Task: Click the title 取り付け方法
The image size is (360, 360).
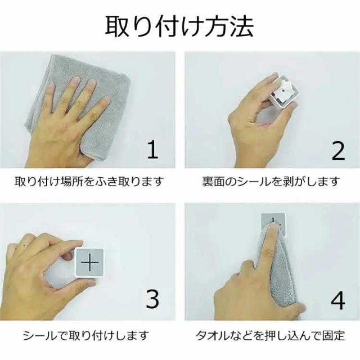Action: (179, 26)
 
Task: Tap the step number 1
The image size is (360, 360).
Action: (153, 149)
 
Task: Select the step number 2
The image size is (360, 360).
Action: (338, 150)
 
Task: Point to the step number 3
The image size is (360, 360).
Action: (152, 299)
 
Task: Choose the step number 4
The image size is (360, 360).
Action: (338, 300)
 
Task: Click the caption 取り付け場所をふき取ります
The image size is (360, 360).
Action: (89, 181)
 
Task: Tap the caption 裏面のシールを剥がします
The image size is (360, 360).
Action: (271, 181)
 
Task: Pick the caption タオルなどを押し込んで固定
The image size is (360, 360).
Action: (270, 336)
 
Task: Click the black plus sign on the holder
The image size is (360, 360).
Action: (90, 263)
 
